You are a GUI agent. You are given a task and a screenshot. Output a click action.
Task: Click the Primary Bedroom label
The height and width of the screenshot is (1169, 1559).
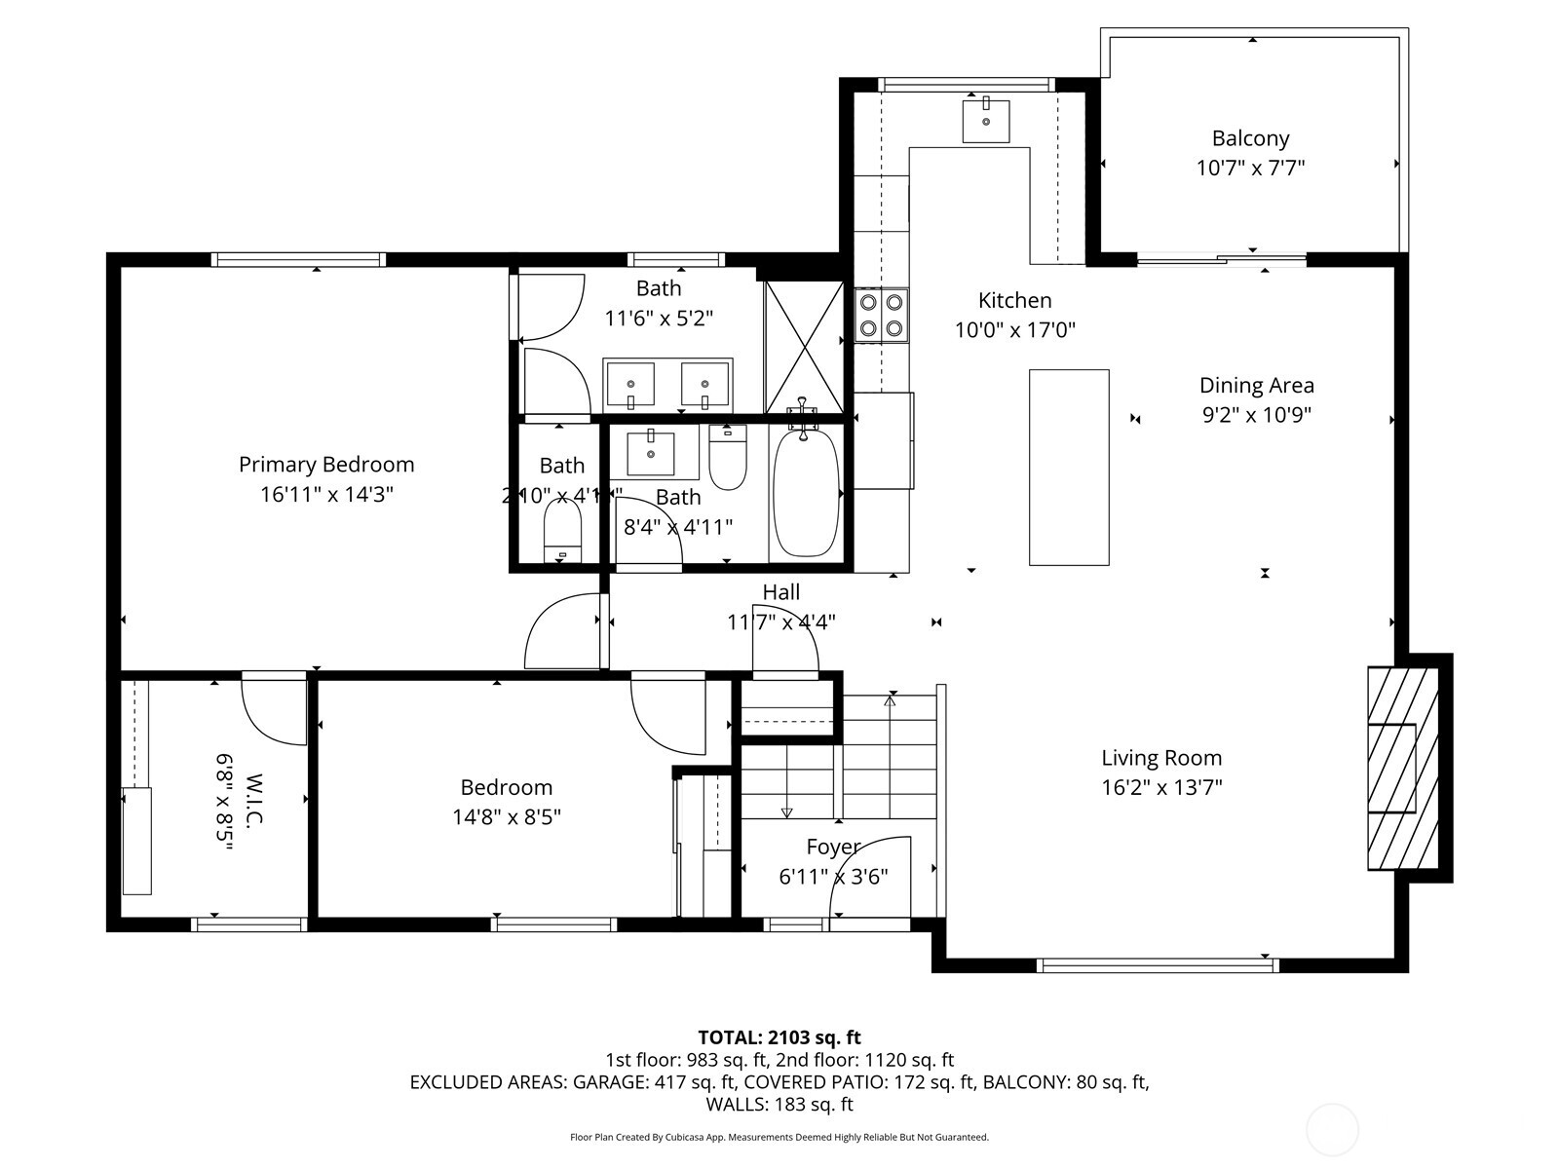tap(326, 465)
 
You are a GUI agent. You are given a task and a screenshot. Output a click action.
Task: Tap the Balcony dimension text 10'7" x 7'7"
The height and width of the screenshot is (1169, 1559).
tap(1250, 168)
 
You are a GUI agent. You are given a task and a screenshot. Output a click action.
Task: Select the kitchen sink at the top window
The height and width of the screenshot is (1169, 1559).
tap(985, 121)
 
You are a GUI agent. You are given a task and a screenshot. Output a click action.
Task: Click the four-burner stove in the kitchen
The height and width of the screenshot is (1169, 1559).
tap(881, 315)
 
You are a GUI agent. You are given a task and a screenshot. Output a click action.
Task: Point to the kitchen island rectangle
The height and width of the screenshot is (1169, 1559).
tap(1069, 467)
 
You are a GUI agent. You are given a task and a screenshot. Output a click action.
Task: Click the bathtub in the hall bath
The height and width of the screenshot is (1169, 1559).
tap(806, 491)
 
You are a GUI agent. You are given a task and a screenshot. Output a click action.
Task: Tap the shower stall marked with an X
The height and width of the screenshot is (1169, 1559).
tap(804, 347)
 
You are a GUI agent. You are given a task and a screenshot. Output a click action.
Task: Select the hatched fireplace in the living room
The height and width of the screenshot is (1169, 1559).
tap(1403, 769)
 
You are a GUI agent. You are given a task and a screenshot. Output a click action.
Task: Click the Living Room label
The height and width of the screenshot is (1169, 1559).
tap(1161, 758)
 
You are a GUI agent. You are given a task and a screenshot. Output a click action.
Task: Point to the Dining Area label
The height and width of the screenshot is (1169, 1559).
tap(1256, 386)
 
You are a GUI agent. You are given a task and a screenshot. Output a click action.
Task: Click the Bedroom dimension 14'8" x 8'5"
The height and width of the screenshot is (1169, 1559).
tap(506, 816)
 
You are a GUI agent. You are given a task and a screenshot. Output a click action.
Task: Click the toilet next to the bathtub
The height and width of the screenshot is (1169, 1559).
tap(727, 457)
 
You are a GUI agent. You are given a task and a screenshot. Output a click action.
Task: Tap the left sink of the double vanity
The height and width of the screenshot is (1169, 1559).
tap(631, 384)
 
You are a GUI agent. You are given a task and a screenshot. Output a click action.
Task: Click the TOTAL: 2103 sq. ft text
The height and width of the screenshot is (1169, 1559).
tap(779, 1037)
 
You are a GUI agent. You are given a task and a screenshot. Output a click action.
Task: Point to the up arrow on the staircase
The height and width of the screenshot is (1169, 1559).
tap(890, 699)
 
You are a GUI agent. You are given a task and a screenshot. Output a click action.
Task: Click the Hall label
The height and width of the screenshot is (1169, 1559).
tap(780, 592)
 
